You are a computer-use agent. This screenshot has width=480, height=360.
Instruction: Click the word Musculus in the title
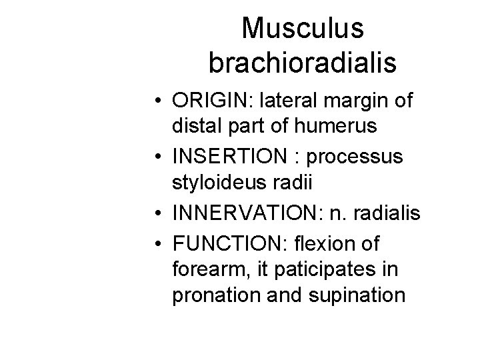(x=303, y=29)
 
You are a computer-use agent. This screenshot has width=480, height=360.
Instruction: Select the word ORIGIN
(x=210, y=101)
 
